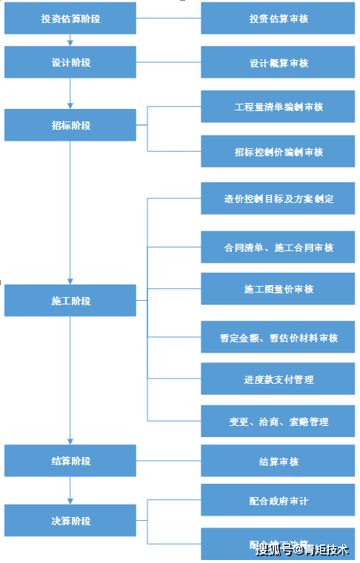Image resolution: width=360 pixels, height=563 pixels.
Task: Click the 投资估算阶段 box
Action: (70, 19)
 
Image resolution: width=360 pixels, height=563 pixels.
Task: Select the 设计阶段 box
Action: (70, 63)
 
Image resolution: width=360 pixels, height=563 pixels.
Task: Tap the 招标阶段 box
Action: (70, 125)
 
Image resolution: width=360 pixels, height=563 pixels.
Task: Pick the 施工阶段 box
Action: (70, 301)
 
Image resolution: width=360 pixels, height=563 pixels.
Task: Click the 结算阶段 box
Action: (70, 461)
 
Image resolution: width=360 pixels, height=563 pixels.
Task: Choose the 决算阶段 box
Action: (70, 521)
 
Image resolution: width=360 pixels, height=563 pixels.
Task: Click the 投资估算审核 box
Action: (279, 19)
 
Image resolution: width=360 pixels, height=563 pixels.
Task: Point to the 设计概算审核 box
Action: (279, 63)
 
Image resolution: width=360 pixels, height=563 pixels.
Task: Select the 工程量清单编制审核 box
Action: (279, 107)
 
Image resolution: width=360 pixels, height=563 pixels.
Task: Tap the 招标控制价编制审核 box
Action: (279, 152)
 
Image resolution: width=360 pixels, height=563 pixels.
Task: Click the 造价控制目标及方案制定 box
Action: (279, 199)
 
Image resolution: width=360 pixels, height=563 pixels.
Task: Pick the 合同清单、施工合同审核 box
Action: (279, 247)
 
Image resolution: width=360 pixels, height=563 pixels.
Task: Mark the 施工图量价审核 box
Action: (279, 289)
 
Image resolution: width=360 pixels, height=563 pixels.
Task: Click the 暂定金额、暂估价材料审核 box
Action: (279, 337)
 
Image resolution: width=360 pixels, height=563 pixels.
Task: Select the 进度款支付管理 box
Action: (279, 379)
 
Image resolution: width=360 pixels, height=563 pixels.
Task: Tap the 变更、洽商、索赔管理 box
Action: (279, 422)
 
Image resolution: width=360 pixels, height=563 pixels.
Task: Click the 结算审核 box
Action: (279, 462)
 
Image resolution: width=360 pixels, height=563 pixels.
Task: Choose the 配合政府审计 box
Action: (279, 501)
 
